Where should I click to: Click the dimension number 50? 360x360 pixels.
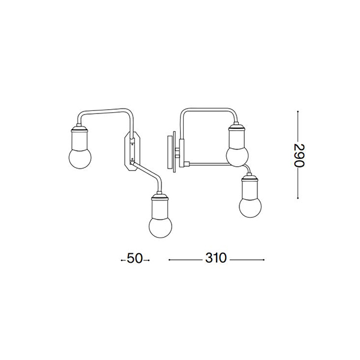point(135,258)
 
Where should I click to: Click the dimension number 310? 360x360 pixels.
point(216,258)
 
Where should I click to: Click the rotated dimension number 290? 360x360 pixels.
point(299,155)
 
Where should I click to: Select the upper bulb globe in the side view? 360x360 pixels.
point(238,155)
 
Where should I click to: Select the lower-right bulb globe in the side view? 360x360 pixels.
point(250,206)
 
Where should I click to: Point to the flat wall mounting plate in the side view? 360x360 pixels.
point(170,152)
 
